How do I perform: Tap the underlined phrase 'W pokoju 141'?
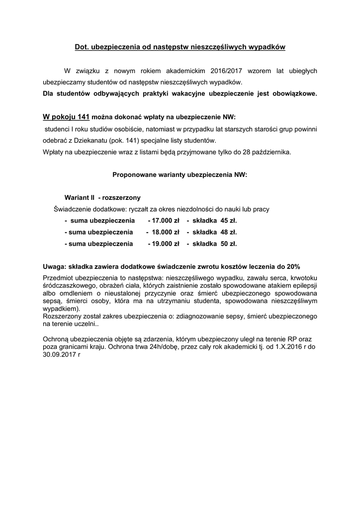click(x=66, y=117)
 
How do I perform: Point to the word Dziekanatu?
click(x=90, y=141)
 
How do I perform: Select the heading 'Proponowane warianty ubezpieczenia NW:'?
click(x=180, y=175)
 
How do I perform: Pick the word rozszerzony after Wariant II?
click(x=122, y=197)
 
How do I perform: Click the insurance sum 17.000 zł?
click(x=165, y=220)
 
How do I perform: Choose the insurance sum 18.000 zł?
click(x=164, y=232)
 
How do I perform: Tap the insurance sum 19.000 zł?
click(x=165, y=244)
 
